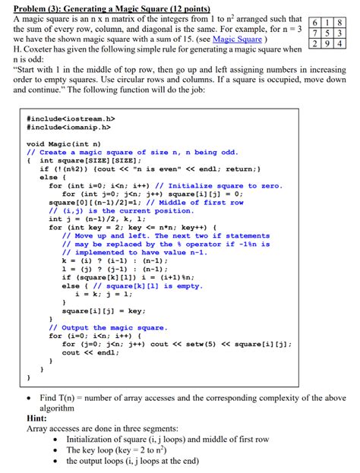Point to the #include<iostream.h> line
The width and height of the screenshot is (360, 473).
point(71,120)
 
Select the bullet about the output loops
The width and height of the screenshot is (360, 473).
point(132,461)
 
